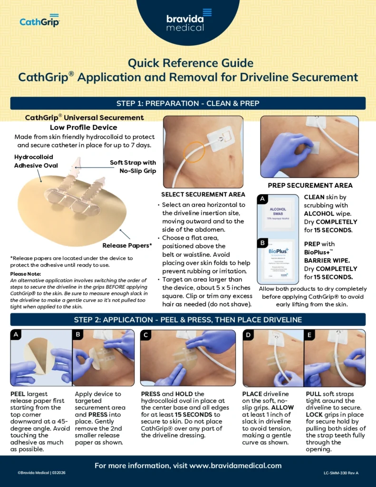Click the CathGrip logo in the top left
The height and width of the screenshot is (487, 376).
point(39,21)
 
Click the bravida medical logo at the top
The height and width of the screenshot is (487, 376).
point(187,21)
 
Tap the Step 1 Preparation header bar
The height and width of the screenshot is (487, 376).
point(188,103)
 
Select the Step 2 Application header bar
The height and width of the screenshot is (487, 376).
point(188,320)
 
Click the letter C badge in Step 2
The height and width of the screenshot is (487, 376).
point(146,334)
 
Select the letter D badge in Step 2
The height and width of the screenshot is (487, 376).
point(249,334)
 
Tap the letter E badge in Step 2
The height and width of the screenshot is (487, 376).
point(310,334)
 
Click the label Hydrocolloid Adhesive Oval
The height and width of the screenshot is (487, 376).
point(36,161)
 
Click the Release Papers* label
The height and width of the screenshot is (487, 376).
point(127,245)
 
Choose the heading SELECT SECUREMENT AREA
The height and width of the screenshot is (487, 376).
point(203,195)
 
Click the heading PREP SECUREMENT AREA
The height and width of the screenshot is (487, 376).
point(309,185)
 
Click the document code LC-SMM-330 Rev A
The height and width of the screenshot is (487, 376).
point(341,473)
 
